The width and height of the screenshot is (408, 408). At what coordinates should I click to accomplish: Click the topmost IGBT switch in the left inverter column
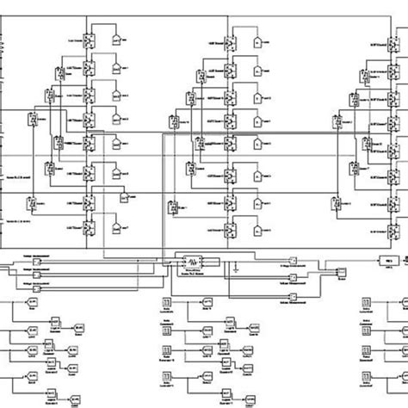pos(89,40)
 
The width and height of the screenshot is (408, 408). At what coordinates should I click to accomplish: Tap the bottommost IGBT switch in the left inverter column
pos(89,231)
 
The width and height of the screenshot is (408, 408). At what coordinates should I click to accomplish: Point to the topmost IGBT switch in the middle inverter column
pos(231,41)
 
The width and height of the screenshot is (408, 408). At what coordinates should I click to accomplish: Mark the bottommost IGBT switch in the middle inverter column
pos(231,231)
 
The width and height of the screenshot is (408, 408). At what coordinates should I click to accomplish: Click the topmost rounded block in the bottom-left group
pos(34,303)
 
